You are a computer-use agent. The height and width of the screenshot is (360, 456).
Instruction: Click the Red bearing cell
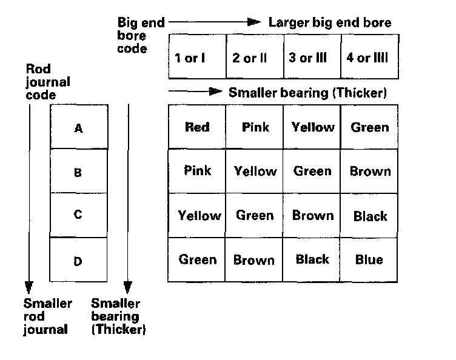[197, 127]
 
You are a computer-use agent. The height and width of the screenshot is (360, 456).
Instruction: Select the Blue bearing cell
[369, 260]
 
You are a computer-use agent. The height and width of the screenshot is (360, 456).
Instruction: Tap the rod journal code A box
[78, 128]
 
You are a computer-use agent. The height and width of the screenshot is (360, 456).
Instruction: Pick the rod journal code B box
[78, 172]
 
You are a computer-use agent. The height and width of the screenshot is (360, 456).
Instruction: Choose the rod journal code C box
[78, 215]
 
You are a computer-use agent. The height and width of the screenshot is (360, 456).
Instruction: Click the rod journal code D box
[78, 261]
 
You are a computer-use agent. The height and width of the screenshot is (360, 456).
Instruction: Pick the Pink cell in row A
[255, 127]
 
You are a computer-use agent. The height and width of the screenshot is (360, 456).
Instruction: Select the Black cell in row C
[369, 216]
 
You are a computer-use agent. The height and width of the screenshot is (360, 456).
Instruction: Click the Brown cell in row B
[369, 171]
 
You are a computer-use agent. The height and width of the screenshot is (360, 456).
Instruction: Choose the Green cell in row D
[197, 260]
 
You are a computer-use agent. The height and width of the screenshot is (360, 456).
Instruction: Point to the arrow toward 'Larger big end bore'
[215, 22]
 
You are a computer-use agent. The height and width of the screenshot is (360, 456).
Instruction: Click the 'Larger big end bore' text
[330, 23]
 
